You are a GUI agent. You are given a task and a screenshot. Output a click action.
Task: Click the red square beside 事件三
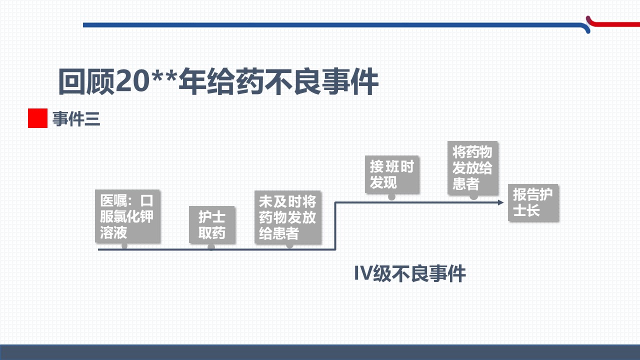click(x=37, y=118)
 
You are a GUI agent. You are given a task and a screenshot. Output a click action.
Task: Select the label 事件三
click(x=76, y=119)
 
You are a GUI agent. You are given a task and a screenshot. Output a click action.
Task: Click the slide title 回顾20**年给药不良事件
click(x=218, y=81)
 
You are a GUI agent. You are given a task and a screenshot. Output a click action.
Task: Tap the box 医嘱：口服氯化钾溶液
click(x=127, y=216)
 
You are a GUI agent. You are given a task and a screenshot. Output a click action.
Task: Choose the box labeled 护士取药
click(x=212, y=224)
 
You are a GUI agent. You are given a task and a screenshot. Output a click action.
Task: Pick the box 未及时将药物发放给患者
click(x=287, y=217)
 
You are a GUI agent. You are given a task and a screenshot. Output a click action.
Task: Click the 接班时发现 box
click(x=392, y=174)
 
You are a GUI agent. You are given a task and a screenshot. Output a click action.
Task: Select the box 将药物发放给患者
click(x=472, y=167)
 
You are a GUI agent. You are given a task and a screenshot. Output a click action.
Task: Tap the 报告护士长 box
click(x=533, y=202)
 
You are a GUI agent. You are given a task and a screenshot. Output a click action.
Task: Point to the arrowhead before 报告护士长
click(x=500, y=202)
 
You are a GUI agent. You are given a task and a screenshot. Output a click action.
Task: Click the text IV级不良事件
click(x=410, y=273)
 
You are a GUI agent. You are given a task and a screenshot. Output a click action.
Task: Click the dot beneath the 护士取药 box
click(x=211, y=247)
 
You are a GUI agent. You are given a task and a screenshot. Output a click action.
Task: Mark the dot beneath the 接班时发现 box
click(x=391, y=196)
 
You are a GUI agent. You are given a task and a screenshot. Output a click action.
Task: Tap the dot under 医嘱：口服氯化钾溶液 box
click(x=124, y=246)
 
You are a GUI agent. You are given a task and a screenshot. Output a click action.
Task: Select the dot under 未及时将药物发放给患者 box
click(x=289, y=245)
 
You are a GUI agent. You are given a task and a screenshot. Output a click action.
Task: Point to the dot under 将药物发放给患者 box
click(x=473, y=196)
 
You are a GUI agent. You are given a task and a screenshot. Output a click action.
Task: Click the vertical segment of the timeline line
click(x=335, y=226)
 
